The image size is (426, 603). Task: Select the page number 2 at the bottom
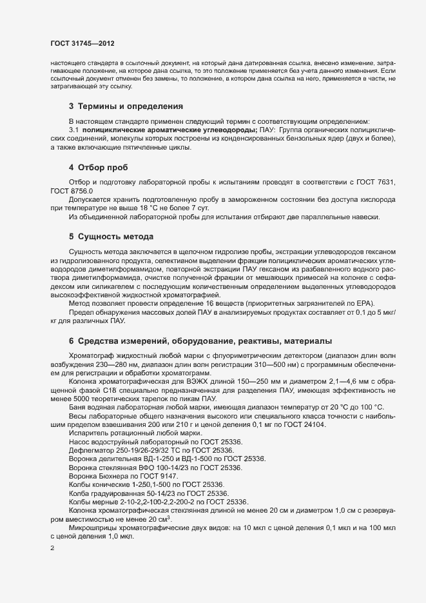(x=53, y=549)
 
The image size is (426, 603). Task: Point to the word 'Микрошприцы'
(x=90, y=527)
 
